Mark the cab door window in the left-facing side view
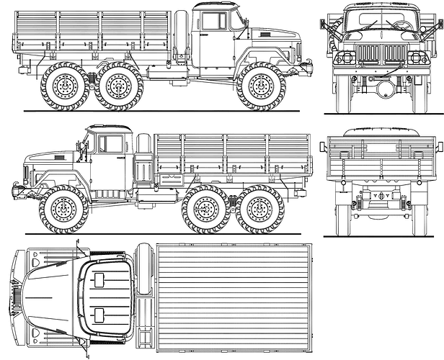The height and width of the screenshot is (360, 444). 110,143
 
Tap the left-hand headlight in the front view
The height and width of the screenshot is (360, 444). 345,58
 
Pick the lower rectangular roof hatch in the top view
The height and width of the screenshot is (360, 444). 99,313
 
